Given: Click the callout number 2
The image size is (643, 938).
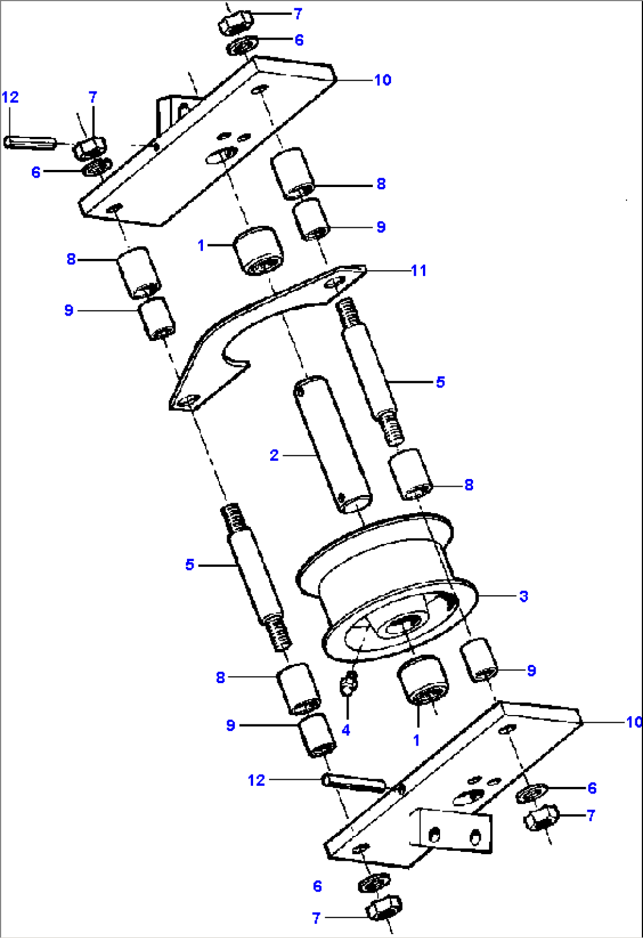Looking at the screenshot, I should coord(274,455).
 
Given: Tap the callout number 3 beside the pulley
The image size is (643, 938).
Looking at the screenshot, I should coord(523,596).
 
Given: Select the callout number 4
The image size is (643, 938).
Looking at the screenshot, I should coord(346,730).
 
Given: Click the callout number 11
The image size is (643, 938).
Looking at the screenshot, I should coord(418,271).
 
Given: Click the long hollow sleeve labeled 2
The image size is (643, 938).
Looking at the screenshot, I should coord(333,445).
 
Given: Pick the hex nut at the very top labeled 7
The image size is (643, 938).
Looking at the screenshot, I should coord(236,24).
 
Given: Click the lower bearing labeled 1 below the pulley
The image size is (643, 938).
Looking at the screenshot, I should coord(423,680).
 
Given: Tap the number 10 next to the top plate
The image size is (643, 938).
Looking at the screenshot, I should coord(382,80).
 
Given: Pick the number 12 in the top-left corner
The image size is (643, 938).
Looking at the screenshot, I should coord(10,97).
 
